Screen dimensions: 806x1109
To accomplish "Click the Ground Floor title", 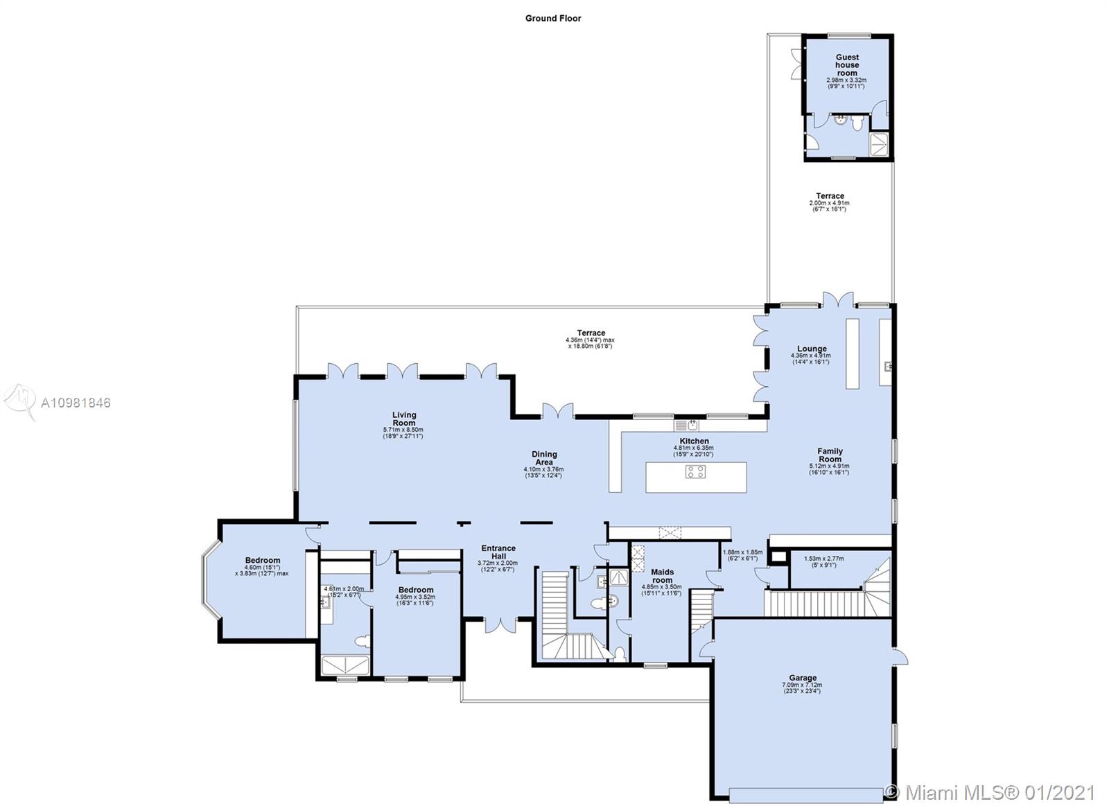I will [552, 19].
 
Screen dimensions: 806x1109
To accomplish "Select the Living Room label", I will [403, 419].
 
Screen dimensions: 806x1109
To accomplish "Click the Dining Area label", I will [544, 458].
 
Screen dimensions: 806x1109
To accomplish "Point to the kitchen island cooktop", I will [695, 472].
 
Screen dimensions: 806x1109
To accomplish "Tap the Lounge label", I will [811, 349].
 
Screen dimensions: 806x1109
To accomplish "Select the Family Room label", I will [830, 455].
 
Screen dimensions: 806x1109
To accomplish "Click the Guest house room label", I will [846, 65].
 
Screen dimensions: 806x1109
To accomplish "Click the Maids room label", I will [662, 576].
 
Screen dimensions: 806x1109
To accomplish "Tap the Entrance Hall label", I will [499, 552].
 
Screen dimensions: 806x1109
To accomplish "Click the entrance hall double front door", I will [498, 623].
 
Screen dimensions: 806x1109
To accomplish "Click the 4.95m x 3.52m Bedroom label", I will [415, 590].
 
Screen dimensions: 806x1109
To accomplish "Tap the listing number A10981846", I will [76, 403].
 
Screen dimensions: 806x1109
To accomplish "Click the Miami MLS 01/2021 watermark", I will [991, 791].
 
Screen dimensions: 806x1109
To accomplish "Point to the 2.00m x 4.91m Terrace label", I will [830, 196].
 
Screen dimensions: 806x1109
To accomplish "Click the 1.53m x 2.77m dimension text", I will [823, 559].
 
